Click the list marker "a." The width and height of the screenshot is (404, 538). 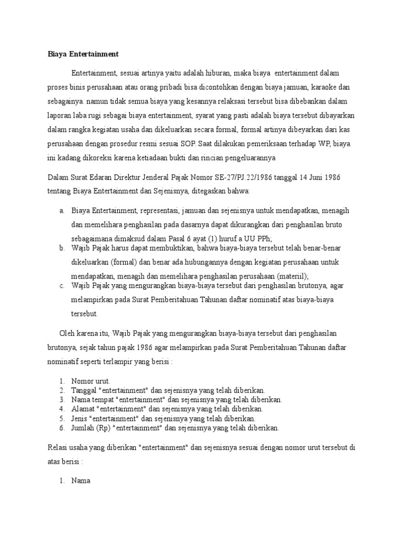click(62, 211)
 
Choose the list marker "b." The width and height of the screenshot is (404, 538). click(62, 247)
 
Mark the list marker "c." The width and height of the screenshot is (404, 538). click(62, 285)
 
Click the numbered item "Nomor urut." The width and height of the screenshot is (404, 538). click(90, 380)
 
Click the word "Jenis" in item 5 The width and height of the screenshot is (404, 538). click(80, 418)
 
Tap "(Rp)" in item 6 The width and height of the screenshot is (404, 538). click(103, 428)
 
